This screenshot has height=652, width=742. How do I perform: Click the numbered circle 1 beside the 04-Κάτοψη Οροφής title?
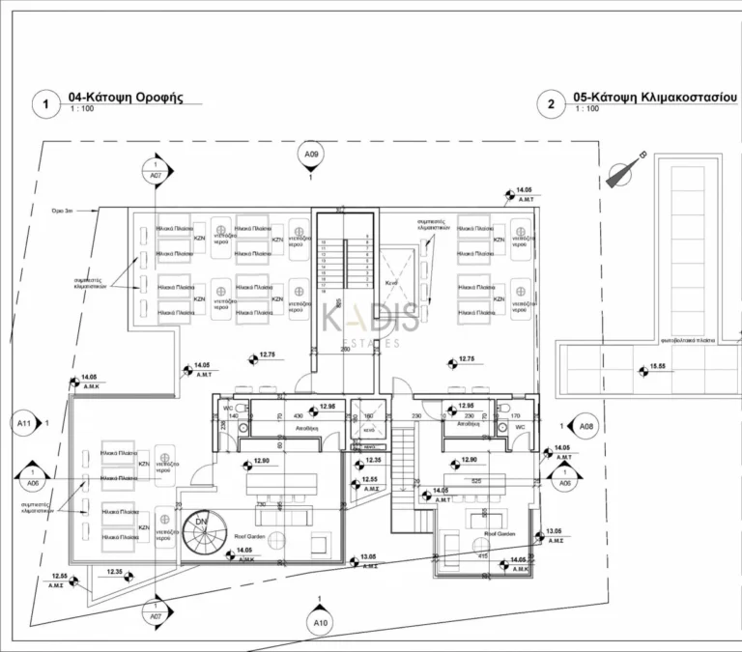[x=43, y=102]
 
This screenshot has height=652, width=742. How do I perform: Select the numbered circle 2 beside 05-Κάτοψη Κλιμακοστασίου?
[x=550, y=103]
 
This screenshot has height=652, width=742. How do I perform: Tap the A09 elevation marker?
[x=310, y=155]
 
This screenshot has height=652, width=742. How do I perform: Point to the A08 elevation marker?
[x=584, y=424]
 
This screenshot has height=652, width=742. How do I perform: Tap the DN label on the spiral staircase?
[x=200, y=522]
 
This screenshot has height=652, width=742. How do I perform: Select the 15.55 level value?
[x=658, y=367]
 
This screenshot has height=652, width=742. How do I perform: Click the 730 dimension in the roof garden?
[x=260, y=504]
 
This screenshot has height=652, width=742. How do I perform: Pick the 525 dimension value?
[x=476, y=480]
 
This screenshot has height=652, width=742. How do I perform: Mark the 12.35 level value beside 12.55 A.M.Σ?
[x=114, y=573]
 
